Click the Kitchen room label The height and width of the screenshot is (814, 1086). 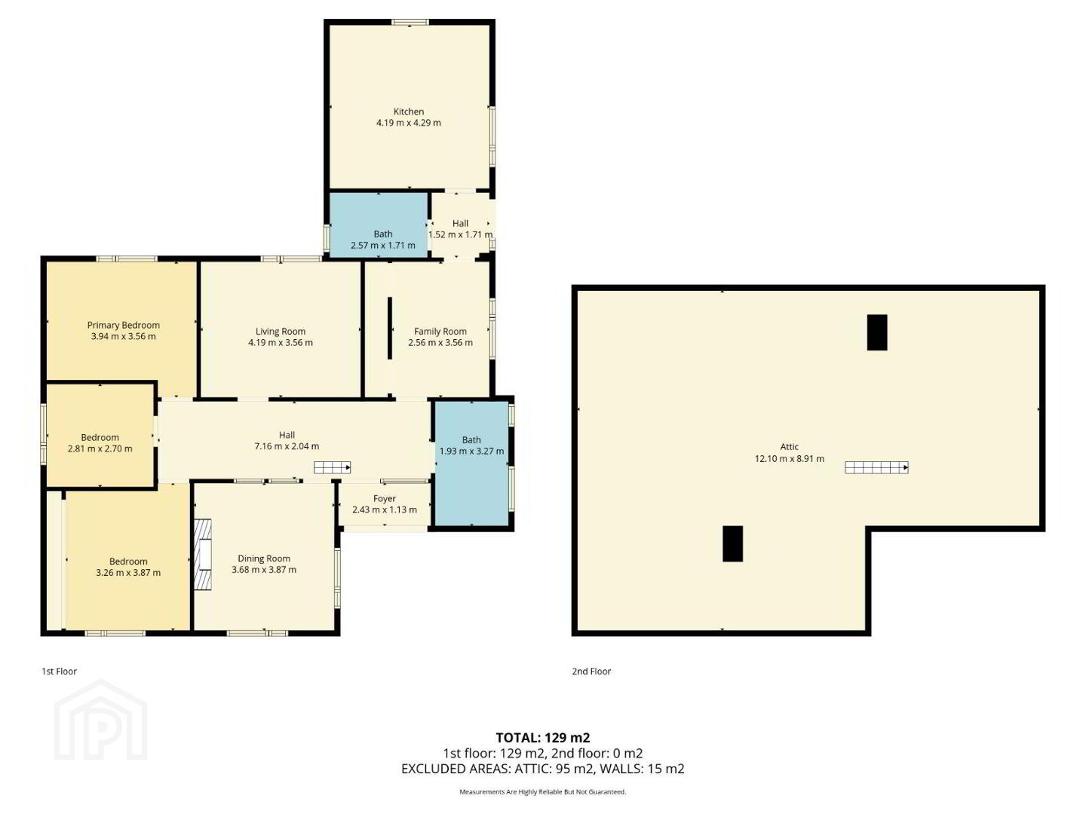(x=408, y=112)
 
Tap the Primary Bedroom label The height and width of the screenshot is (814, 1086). (x=123, y=325)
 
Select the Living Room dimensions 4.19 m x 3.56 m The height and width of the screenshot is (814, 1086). (x=280, y=342)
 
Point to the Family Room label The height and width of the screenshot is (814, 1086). (x=440, y=332)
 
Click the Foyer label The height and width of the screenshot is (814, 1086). (x=384, y=499)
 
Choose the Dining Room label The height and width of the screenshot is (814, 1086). (x=264, y=558)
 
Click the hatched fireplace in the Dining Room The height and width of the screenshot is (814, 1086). (x=202, y=554)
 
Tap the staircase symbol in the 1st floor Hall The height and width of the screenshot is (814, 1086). (x=333, y=467)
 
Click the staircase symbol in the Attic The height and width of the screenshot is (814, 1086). (x=876, y=467)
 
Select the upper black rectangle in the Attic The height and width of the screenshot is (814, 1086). (x=876, y=332)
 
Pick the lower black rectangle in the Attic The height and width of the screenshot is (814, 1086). (x=732, y=543)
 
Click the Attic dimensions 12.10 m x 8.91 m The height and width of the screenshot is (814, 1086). (x=789, y=459)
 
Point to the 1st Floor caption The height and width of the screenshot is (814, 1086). (x=60, y=671)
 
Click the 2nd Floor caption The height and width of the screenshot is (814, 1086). (x=591, y=671)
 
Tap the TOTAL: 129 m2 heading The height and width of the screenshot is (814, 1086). (x=543, y=738)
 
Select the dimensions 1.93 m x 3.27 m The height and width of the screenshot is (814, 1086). (x=471, y=451)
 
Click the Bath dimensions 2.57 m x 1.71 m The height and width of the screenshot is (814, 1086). (x=382, y=245)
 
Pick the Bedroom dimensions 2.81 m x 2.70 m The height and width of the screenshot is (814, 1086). (x=100, y=448)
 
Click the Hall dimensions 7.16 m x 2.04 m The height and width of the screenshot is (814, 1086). (x=287, y=446)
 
